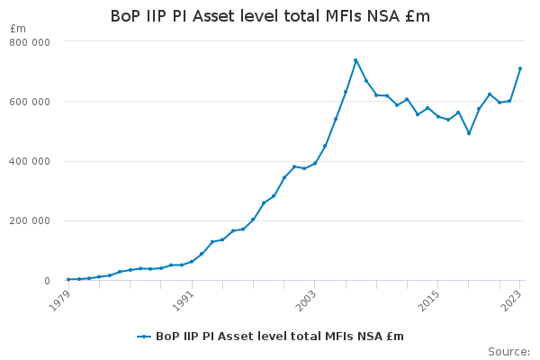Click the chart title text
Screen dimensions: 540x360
[x=270, y=16]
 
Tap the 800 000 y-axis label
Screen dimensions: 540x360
[x=30, y=42]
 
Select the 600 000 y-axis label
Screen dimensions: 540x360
[x=30, y=102]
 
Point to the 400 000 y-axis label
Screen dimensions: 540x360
[x=30, y=162]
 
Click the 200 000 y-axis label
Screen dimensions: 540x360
[x=30, y=220]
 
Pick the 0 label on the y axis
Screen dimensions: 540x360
[x=47, y=281]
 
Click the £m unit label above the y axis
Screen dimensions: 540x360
[x=18, y=29]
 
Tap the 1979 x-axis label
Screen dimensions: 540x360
[x=60, y=301]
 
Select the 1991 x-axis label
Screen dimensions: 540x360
[x=183, y=301]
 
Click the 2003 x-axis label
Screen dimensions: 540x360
[x=306, y=301]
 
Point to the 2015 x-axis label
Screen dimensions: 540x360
[x=428, y=301]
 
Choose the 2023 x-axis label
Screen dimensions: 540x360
[x=511, y=301]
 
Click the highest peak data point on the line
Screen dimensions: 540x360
[x=355, y=60]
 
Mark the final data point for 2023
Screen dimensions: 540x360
[x=520, y=68]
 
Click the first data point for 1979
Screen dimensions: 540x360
[x=68, y=279]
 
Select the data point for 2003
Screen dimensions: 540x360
[x=315, y=163]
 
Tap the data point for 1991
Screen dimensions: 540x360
[x=192, y=262]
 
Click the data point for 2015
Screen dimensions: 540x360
[x=438, y=116]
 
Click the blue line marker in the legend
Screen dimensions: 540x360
[x=144, y=337]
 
